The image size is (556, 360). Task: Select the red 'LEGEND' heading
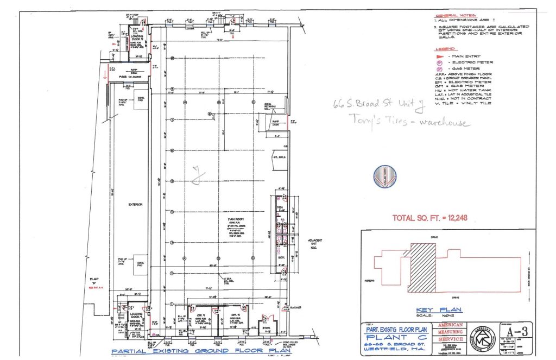coord(445,49)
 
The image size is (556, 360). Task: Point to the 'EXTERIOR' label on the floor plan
coord(135,205)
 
